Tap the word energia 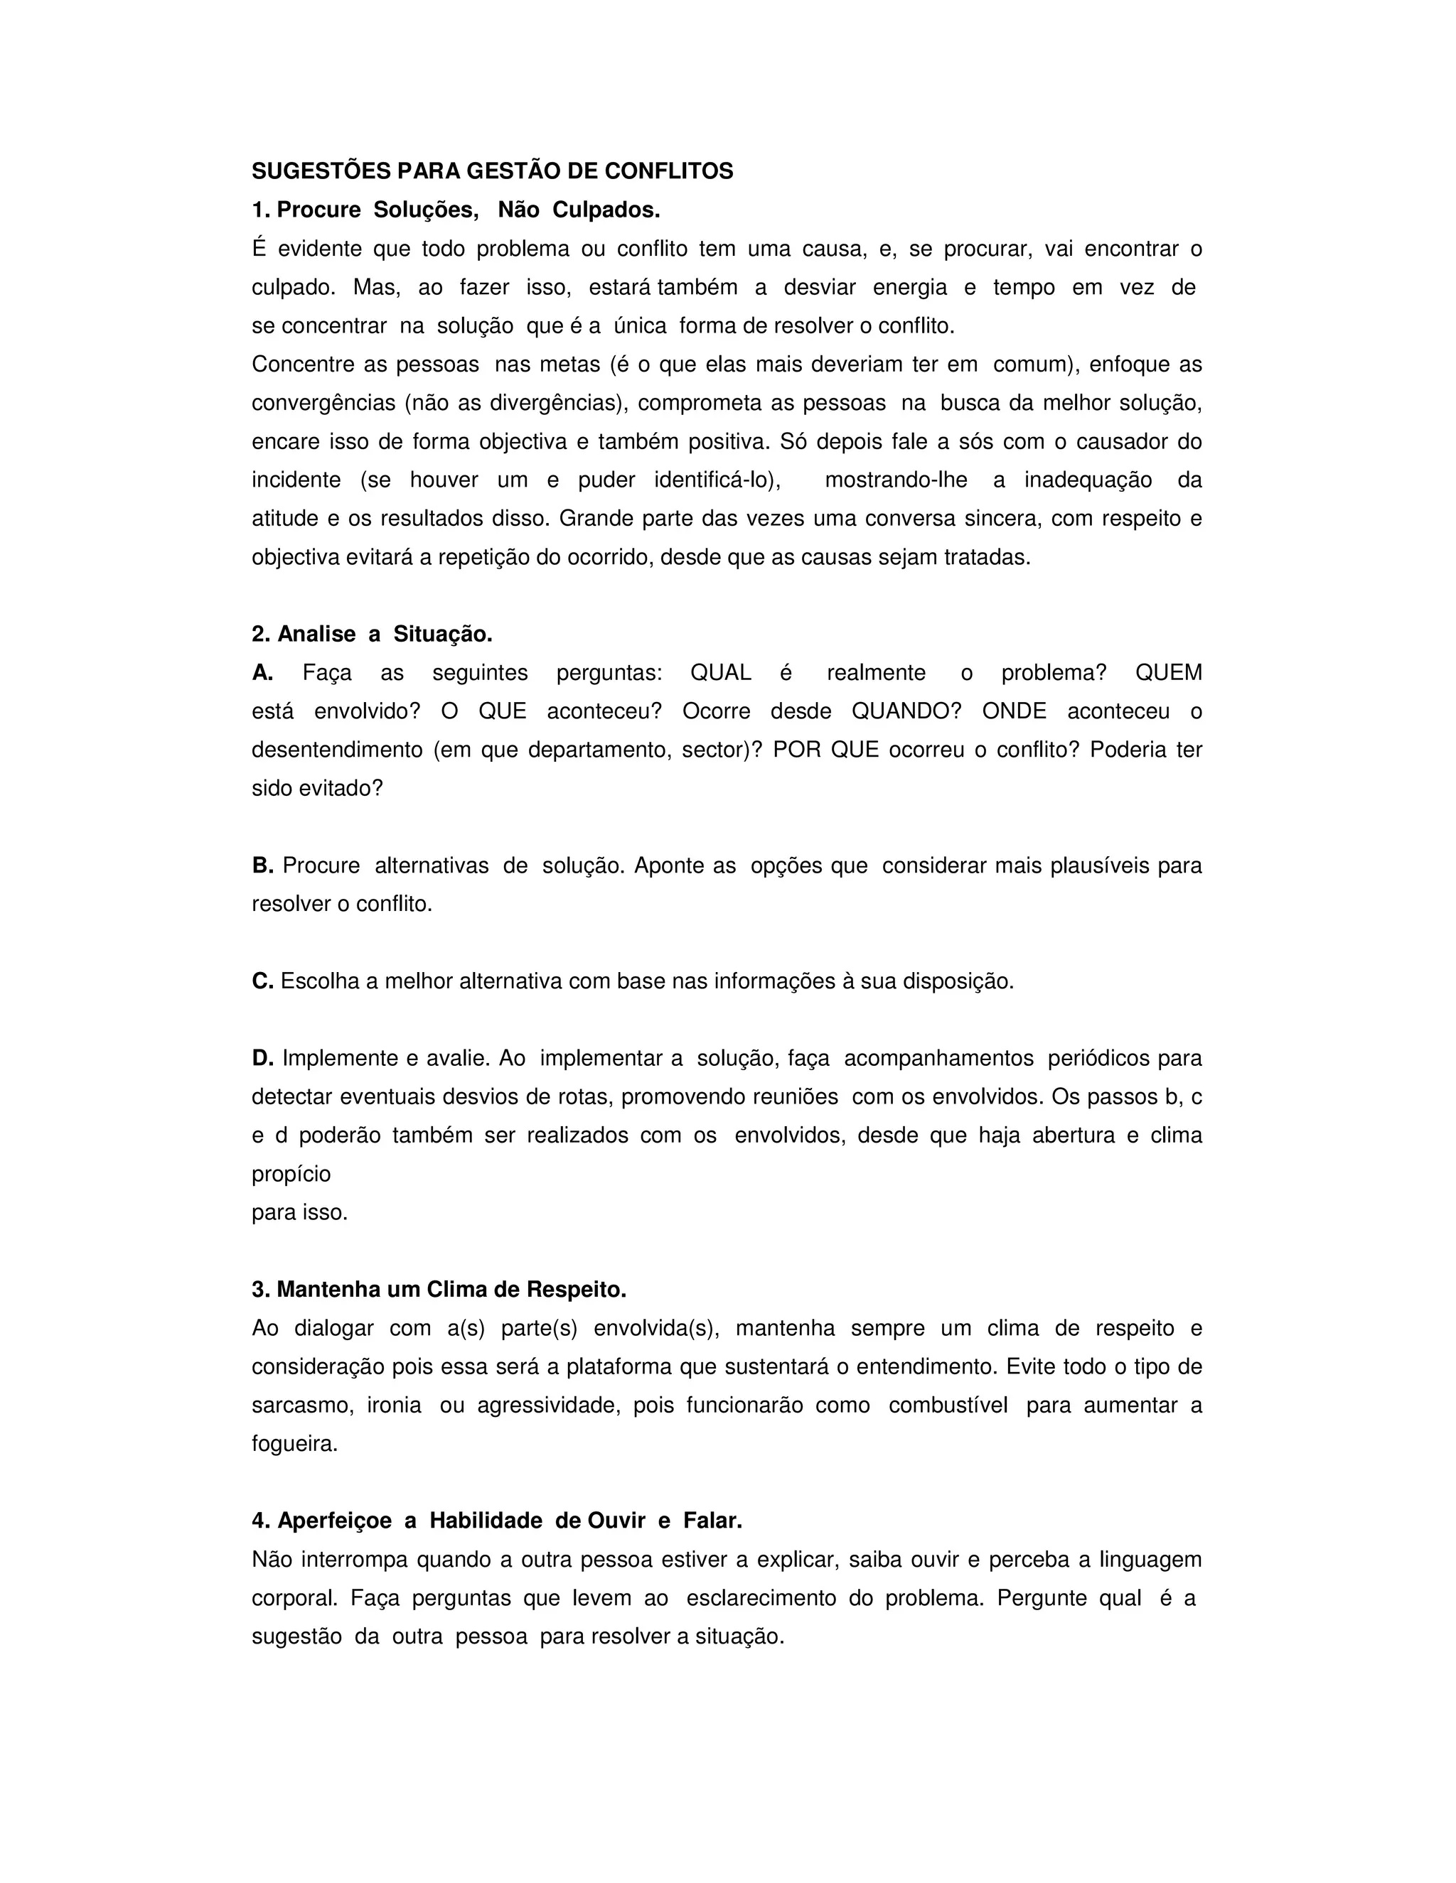click(909, 288)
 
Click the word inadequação click(1088, 480)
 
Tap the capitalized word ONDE click(1014, 712)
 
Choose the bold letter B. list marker click(262, 865)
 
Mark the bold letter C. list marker click(262, 981)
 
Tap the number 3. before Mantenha click(260, 1290)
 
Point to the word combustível click(948, 1405)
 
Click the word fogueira click(294, 1444)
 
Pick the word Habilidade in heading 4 click(486, 1521)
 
